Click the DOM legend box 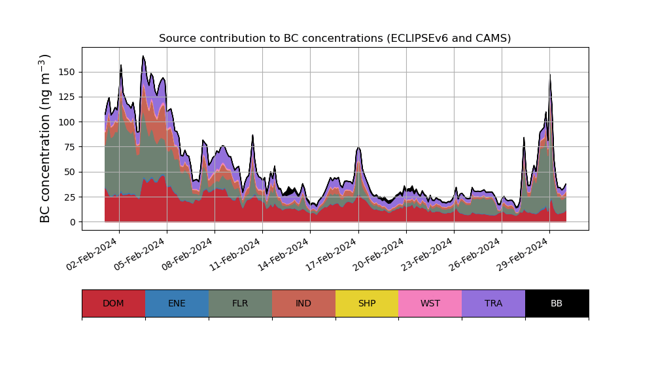113,303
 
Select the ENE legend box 177,303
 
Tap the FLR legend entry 240,303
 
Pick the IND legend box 303,303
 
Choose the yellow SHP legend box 367,303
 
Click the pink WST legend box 430,303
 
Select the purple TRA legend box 494,303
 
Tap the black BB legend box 557,303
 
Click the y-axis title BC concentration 45,139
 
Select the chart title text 335,39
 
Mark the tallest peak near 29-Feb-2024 550,74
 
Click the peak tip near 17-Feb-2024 358,148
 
